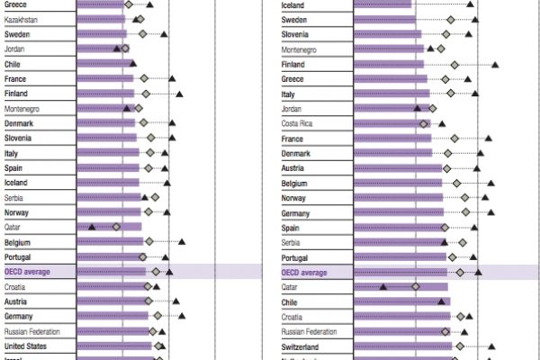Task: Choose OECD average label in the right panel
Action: (304, 272)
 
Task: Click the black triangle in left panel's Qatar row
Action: (92, 227)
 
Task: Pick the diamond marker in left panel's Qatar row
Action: (116, 227)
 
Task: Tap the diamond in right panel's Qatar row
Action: (416, 287)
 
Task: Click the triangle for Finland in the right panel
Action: (495, 65)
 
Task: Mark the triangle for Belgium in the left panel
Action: (182, 242)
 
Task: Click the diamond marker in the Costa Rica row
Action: (424, 123)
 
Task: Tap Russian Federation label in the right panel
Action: (314, 331)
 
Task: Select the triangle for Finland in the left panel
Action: (179, 94)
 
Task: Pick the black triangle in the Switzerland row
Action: (492, 346)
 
